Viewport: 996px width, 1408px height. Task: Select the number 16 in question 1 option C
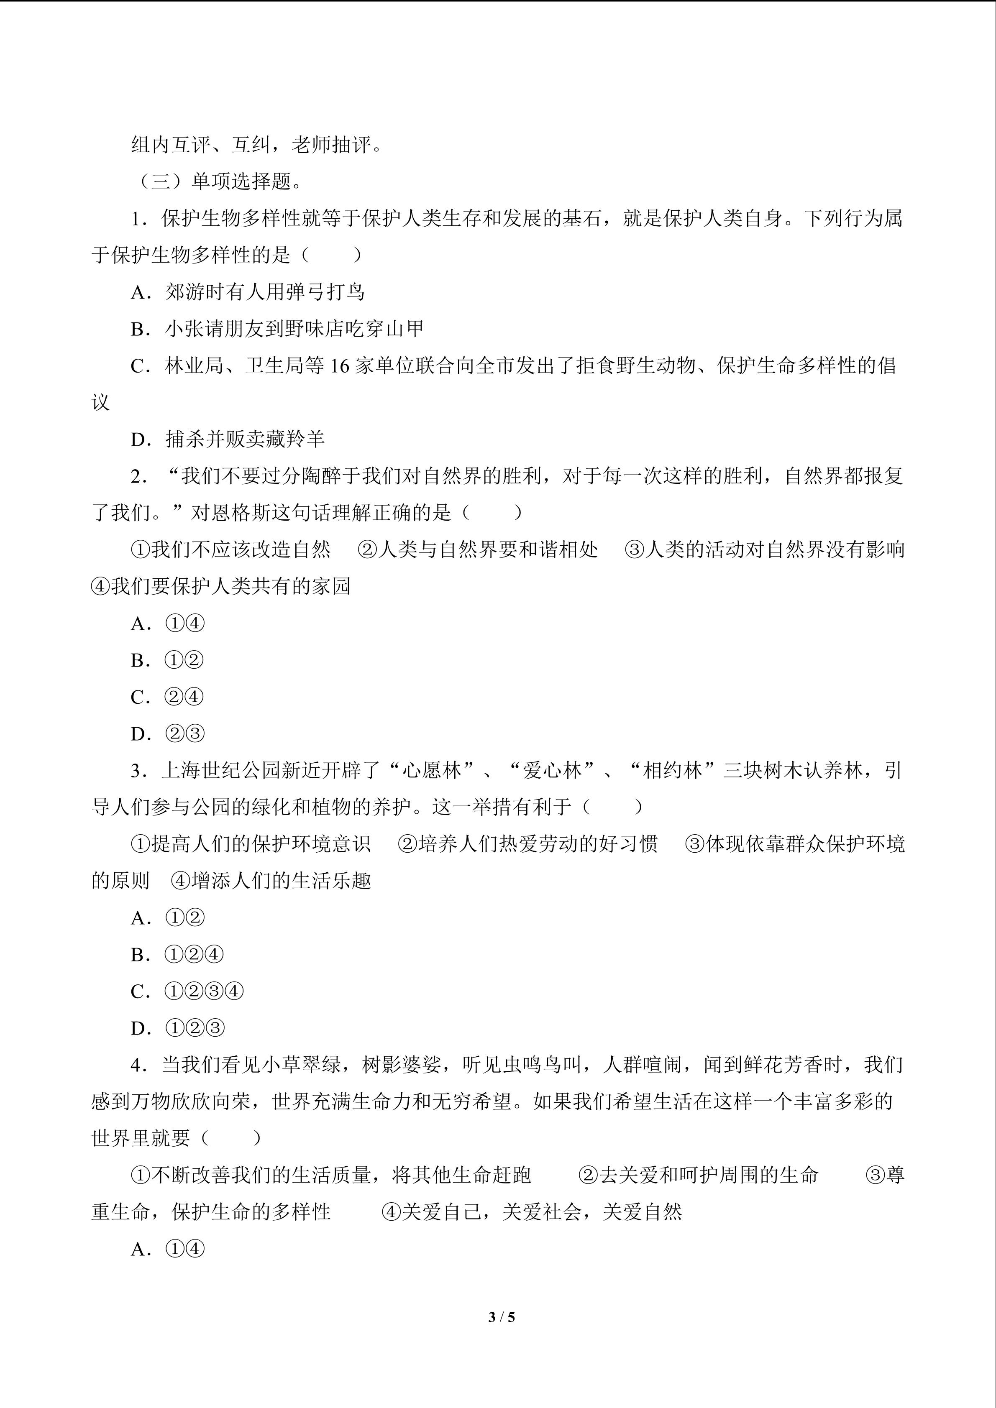(339, 366)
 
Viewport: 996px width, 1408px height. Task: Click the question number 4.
(138, 1065)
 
